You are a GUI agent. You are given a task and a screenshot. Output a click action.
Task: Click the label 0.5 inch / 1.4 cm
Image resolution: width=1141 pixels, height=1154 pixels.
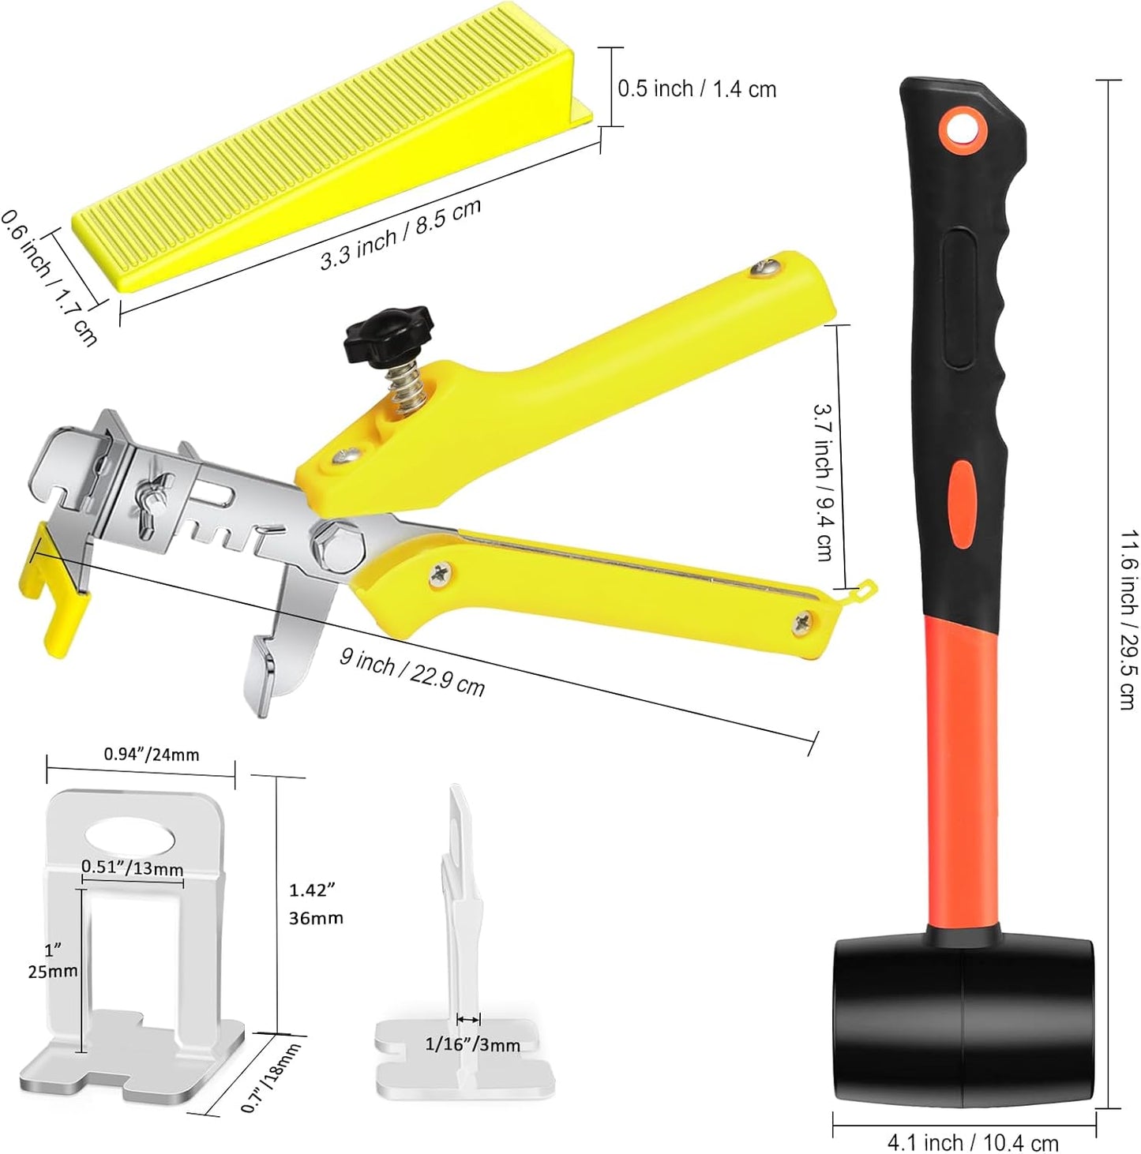(697, 89)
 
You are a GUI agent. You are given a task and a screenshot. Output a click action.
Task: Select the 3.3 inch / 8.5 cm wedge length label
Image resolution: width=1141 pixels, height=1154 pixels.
(400, 234)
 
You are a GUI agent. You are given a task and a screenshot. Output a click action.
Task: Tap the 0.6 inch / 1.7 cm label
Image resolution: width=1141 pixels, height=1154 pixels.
(48, 277)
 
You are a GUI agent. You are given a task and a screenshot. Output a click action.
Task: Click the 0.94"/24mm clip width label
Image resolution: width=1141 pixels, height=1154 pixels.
(152, 754)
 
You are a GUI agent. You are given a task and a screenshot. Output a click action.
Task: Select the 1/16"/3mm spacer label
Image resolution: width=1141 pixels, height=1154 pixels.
(473, 1045)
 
